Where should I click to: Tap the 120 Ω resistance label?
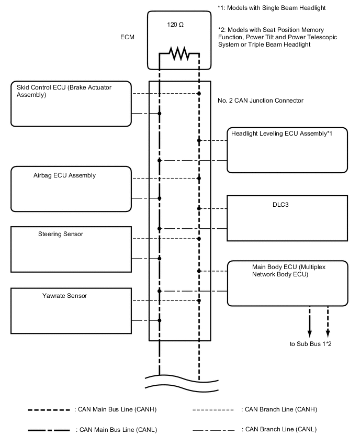click(175, 25)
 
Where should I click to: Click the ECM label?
click(128, 37)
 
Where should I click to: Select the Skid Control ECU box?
click(71, 104)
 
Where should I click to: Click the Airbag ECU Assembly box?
click(71, 188)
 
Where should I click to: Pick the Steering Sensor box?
click(71, 249)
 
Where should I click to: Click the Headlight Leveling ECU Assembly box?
click(287, 150)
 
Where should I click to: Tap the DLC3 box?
click(287, 218)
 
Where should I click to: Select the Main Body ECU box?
click(287, 283)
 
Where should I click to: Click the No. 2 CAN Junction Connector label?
click(260, 101)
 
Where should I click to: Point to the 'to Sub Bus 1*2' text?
click(311, 344)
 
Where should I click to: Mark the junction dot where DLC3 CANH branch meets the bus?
click(199, 208)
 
